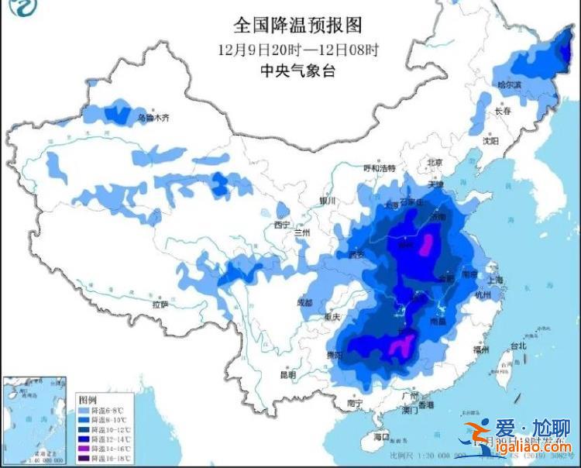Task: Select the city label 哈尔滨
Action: [510, 84]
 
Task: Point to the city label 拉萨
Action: [160, 305]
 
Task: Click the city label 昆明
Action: [287, 375]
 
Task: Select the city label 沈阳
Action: [490, 141]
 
